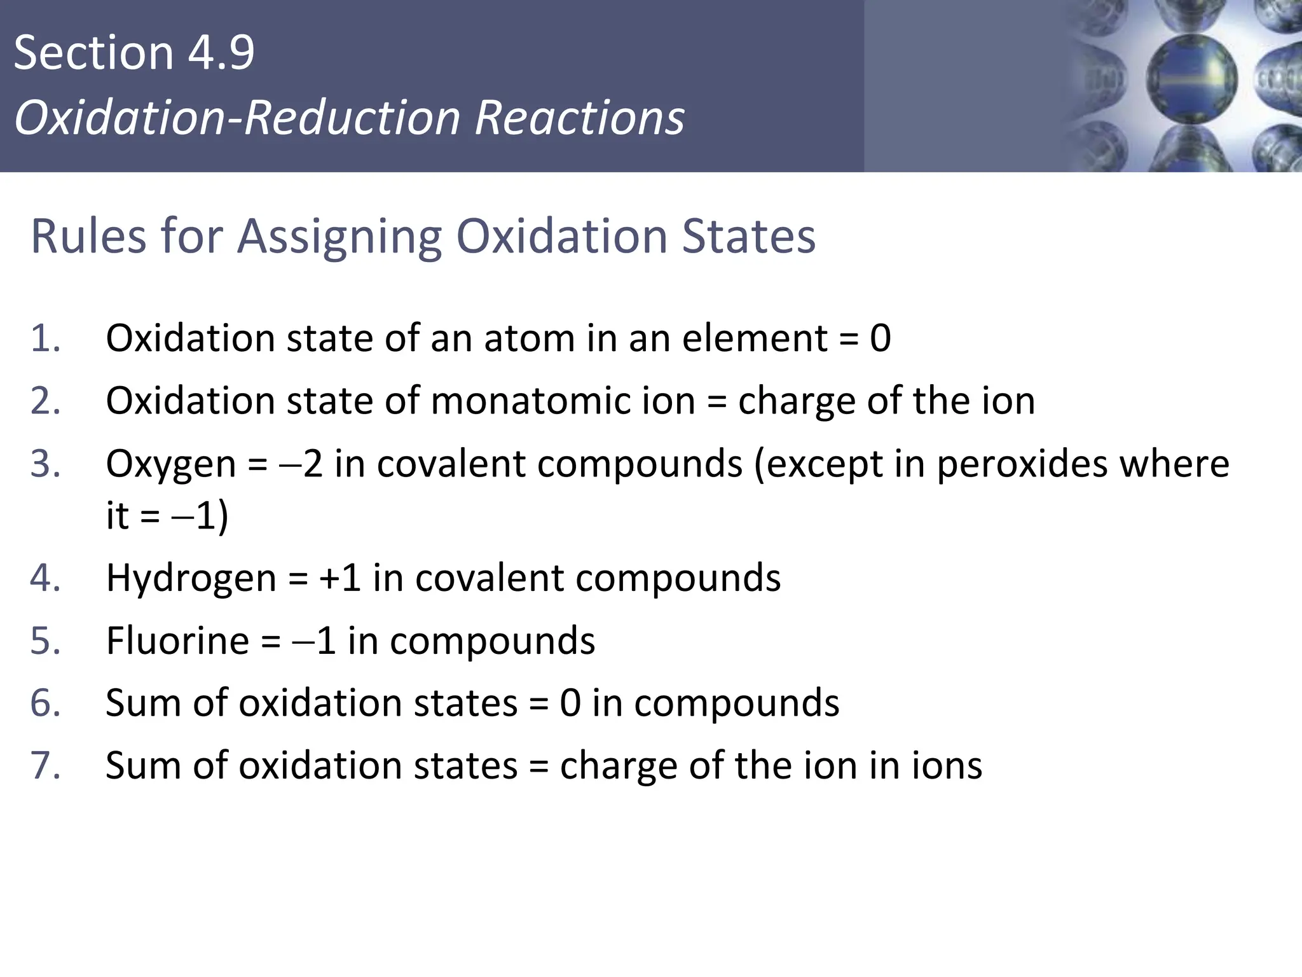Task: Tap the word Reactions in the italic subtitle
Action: (579, 118)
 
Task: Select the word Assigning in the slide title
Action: (339, 237)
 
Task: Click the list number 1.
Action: (45, 338)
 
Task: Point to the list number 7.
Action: (45, 765)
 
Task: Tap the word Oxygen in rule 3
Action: (170, 464)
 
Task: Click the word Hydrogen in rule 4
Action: (191, 578)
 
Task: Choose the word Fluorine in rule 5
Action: (177, 641)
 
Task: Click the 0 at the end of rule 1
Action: (880, 338)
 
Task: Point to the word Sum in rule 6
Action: (144, 703)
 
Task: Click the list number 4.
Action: (45, 578)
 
